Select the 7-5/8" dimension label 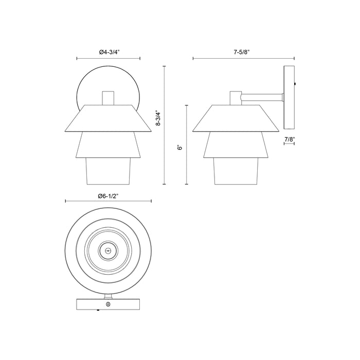coord(243,52)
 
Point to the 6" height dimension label coord(180,146)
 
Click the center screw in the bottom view coord(107,251)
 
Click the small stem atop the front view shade coord(107,98)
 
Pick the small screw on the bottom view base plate coord(107,305)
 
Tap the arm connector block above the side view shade coord(236,98)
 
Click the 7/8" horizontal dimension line coord(289,144)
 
